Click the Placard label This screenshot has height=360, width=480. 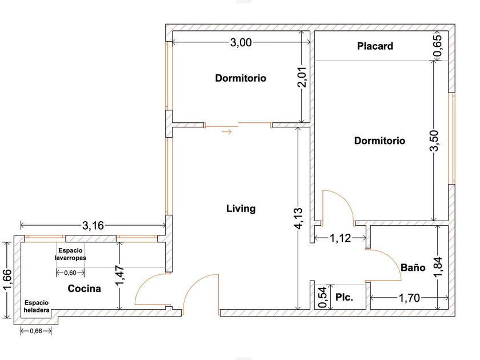coord(375,46)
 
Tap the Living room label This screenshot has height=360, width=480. coord(241,209)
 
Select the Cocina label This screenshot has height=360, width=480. coord(84,289)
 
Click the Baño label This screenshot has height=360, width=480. coord(413,267)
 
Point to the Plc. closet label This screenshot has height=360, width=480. coord(345,297)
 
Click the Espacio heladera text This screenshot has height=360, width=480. coord(37,306)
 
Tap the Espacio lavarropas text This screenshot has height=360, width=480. coord(70,254)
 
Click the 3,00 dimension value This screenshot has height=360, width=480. coord(241,42)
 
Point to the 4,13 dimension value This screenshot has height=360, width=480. coord(298,218)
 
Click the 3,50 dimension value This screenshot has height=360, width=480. coord(434,141)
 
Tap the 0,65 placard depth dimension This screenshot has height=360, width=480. coord(438,46)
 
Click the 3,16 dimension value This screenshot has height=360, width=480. coord(93,226)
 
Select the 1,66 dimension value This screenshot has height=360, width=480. coord(7,279)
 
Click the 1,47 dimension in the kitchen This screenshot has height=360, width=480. coord(120,275)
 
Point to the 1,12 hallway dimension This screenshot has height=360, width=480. coord(341,238)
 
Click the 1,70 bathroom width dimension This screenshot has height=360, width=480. coord(409,298)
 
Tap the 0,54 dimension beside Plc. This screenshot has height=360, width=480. coord(323,297)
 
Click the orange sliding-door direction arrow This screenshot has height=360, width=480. coord(227,132)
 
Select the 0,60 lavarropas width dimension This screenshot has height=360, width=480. coord(70,273)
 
